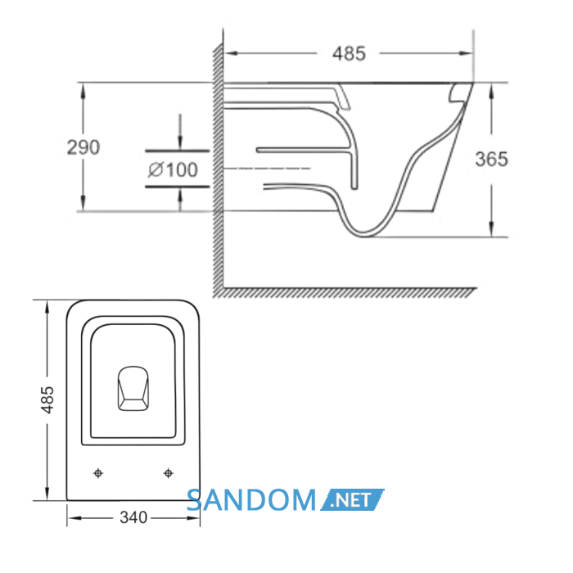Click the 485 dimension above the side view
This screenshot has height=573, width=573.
click(x=349, y=53)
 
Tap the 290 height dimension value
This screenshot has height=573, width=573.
click(x=83, y=147)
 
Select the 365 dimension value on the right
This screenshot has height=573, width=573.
click(x=491, y=159)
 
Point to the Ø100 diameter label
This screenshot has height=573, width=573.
click(x=173, y=169)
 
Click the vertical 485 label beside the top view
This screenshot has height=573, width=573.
click(x=47, y=399)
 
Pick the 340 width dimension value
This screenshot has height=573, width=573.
click(x=133, y=517)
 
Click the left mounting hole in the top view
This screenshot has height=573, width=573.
click(x=98, y=473)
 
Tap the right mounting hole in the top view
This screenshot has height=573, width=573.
click(x=168, y=473)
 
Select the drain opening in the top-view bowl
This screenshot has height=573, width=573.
click(x=133, y=389)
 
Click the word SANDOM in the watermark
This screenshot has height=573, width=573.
click(x=251, y=500)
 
